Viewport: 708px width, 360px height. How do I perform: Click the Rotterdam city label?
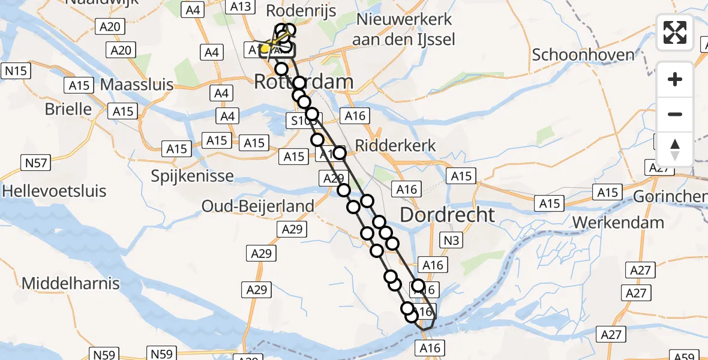coord(304,82)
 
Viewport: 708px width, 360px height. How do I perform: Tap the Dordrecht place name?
coord(448,215)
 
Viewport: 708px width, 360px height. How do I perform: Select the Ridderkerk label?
coord(395,146)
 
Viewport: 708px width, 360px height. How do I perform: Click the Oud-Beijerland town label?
coord(258,206)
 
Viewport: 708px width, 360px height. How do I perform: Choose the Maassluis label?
coord(137,85)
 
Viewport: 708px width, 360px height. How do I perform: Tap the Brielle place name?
coord(68,110)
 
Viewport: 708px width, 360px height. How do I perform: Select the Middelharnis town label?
coord(71,283)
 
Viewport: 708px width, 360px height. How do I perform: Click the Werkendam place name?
coord(618,223)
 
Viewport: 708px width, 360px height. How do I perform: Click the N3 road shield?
coord(452,241)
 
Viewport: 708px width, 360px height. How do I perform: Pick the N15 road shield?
coord(17,71)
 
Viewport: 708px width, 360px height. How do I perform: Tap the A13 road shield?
coord(241,7)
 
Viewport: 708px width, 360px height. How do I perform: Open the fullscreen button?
coord(675,32)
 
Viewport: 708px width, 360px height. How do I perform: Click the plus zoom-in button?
coord(675,79)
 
